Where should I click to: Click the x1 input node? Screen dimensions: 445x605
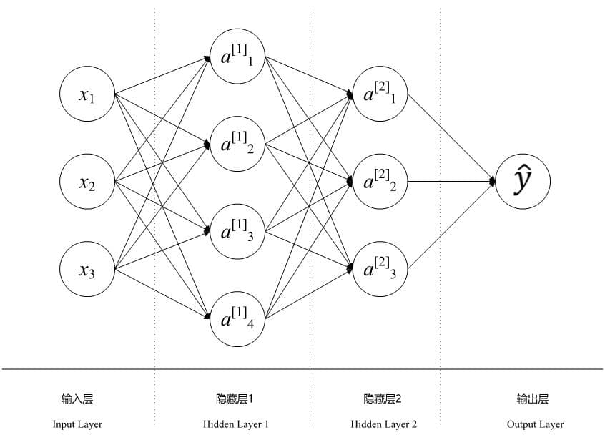(x=87, y=94)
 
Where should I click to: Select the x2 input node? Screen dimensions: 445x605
(x=87, y=182)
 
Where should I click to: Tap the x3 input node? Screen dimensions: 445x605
(x=87, y=270)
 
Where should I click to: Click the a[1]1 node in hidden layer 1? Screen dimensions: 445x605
(x=237, y=57)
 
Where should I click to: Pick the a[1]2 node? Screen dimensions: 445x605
(x=237, y=144)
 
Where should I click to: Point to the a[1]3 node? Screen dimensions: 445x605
(x=237, y=231)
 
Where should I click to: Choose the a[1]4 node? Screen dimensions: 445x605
(x=237, y=319)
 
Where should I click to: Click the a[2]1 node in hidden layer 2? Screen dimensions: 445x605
(x=380, y=94)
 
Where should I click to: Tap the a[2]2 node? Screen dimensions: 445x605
(x=380, y=182)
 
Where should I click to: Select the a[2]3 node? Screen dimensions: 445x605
(x=380, y=270)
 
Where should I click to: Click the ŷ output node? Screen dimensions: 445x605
(x=523, y=182)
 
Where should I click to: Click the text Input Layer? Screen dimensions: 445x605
(x=77, y=424)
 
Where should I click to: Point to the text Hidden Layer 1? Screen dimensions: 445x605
(x=236, y=424)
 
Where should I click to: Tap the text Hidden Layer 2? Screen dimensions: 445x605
(x=384, y=424)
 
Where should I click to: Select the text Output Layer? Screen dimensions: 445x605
(x=535, y=424)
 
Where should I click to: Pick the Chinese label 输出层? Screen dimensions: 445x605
(x=533, y=399)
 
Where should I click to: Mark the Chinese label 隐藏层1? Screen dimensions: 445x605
(x=235, y=399)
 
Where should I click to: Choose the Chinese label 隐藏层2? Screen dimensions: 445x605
(x=383, y=399)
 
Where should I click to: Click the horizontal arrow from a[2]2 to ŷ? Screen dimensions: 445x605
(x=451, y=182)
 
